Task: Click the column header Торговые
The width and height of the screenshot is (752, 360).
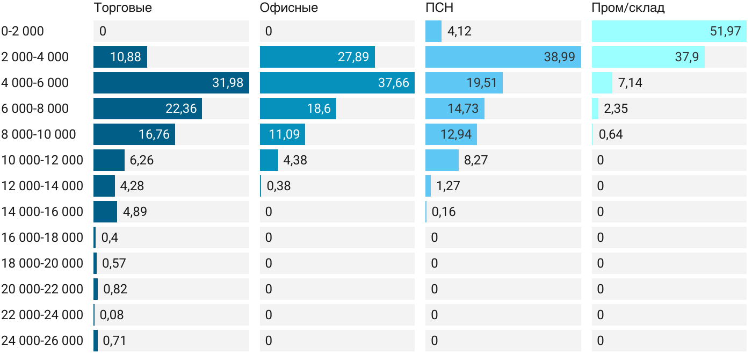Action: coord(122,8)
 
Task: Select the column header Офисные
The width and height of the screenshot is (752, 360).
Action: coord(288,8)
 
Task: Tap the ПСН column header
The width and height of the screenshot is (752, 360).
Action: coord(436,8)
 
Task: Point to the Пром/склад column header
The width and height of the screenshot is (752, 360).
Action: coord(628,8)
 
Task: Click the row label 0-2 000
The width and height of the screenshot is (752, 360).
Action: coord(23,31)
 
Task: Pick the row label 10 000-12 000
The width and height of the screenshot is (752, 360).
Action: coord(42,160)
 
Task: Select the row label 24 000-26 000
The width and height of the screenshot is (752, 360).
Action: coord(42,341)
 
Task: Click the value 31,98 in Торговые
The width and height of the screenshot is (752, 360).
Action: coord(228,83)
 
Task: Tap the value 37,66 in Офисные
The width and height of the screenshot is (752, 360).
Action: coord(394,83)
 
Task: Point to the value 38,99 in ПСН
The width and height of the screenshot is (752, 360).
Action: coord(559,57)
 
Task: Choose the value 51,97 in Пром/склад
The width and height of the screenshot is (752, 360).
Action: coord(725,31)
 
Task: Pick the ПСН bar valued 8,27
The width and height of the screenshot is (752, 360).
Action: coord(442,160)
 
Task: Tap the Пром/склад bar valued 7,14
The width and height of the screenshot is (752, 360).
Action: coord(602,83)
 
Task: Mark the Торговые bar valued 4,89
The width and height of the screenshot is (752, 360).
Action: coord(105,212)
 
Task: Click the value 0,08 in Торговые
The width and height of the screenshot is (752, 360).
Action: coord(112,315)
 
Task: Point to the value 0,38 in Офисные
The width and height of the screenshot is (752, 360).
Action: coord(278,186)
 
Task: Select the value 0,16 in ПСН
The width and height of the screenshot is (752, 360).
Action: coord(443,212)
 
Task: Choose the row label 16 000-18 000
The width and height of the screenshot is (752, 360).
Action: coord(42,237)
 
